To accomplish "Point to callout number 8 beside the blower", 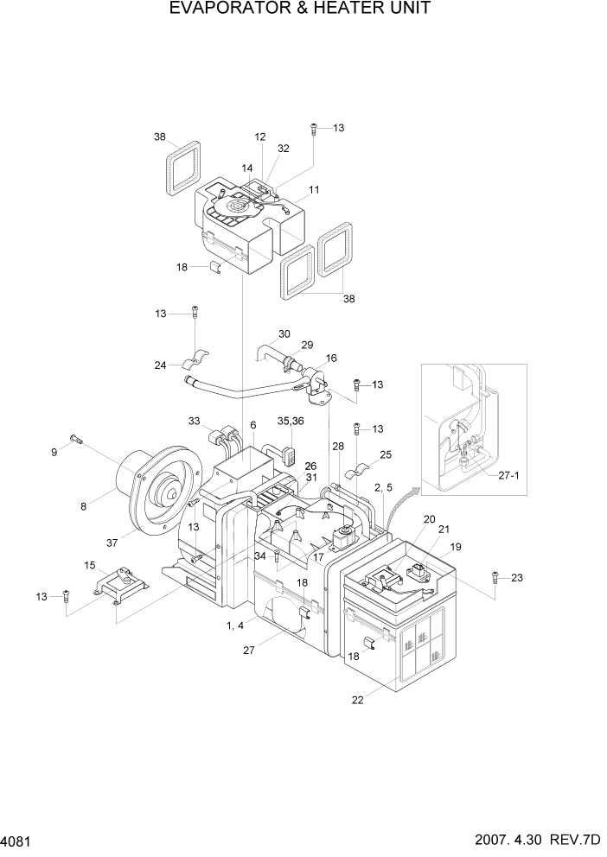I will (x=83, y=506).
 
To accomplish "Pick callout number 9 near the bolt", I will (x=53, y=450).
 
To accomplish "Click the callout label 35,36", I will (x=291, y=421).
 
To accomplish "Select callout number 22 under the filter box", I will (x=357, y=700).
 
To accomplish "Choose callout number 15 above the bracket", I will (x=89, y=566).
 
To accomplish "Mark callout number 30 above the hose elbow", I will (x=284, y=333).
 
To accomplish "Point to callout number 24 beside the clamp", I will (x=160, y=365).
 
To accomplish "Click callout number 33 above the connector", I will (x=194, y=421).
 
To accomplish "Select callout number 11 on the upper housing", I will (x=313, y=189).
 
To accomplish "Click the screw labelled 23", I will (x=495, y=577).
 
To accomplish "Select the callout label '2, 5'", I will (x=384, y=487).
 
